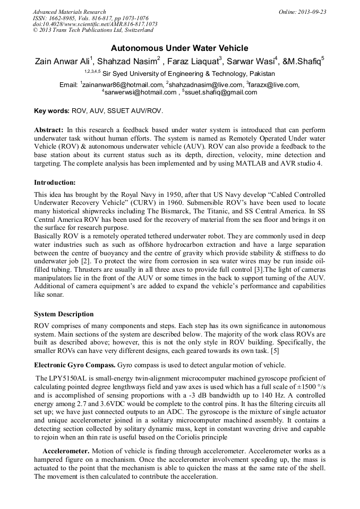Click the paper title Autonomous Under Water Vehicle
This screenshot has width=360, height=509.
179,48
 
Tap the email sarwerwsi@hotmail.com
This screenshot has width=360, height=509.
140,92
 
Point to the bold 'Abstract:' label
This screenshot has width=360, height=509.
49,130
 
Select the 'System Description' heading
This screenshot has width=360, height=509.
64,314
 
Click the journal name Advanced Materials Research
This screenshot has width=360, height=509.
69,12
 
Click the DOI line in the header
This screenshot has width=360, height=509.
95,24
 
